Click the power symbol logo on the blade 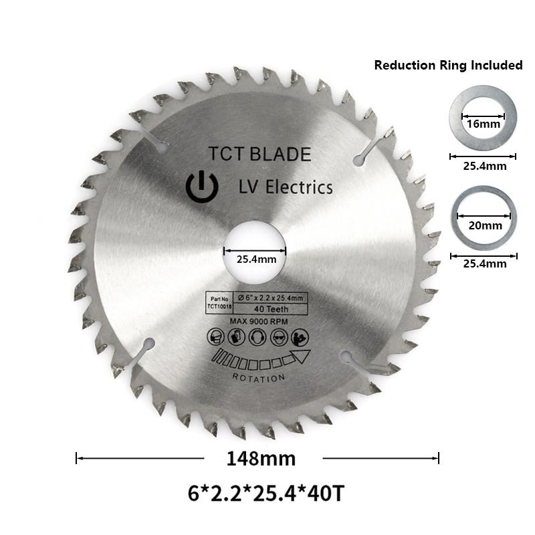[201, 187]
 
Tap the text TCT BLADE [259, 154]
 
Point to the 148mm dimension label [261, 458]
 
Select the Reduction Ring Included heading [448, 65]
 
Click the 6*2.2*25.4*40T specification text [266, 494]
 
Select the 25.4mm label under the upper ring [482, 166]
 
